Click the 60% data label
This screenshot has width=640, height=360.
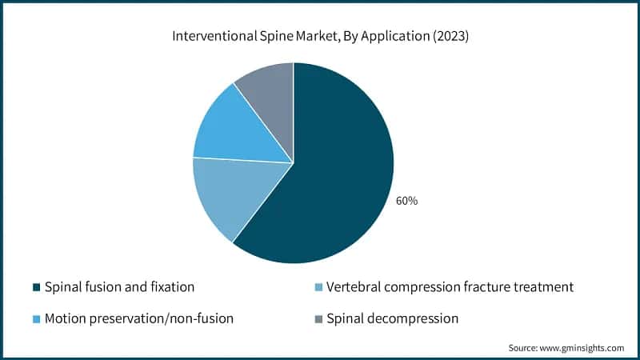[406, 201]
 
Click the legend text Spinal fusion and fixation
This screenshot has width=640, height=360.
[119, 286]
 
